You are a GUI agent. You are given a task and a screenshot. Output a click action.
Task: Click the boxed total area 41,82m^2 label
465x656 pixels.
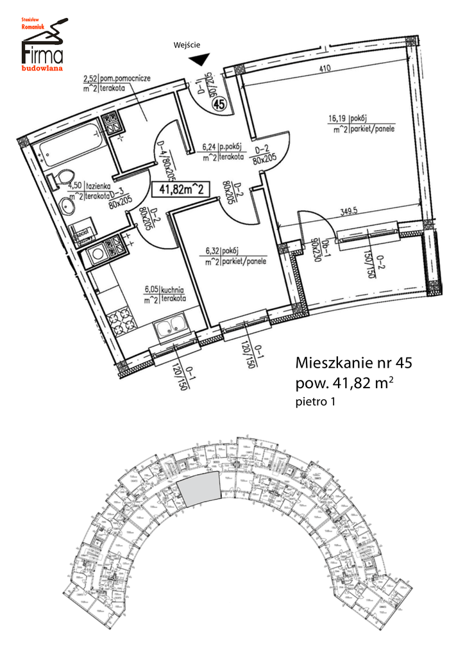(181, 188)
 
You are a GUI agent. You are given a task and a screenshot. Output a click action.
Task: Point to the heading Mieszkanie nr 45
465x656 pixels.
(353, 362)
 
